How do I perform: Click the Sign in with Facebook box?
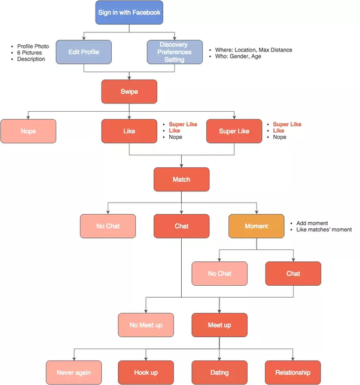tap(129, 13)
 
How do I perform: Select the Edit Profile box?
tap(84, 52)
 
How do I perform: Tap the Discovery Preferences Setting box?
tap(175, 52)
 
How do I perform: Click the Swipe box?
tap(129, 91)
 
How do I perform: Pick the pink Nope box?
tap(28, 131)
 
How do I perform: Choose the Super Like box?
tap(234, 131)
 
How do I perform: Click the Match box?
tap(181, 179)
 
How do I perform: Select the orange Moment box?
tap(256, 227)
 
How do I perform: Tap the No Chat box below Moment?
tap(219, 273)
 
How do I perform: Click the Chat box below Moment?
tap(293, 273)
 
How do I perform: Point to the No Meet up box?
tap(146, 325)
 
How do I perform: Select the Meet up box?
tap(219, 325)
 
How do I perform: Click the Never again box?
tap(74, 372)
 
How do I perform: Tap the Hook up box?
tap(146, 372)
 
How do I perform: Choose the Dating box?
tap(219, 372)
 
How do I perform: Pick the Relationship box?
tap(293, 372)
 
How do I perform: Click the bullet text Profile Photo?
tap(33, 46)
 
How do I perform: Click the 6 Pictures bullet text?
tap(30, 53)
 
